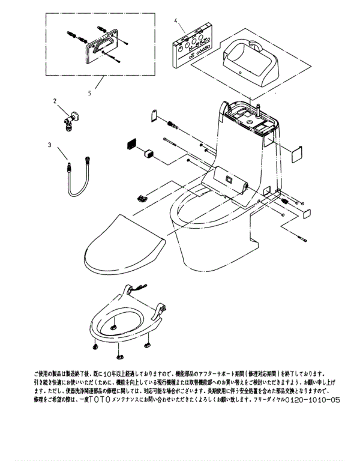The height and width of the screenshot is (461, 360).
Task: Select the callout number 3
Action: (x=50, y=145)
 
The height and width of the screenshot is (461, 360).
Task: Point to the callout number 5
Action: (x=89, y=93)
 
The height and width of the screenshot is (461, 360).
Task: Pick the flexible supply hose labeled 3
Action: (x=76, y=177)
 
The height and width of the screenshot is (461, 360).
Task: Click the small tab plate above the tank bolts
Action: (x=153, y=115)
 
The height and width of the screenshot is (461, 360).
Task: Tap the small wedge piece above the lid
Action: (x=142, y=197)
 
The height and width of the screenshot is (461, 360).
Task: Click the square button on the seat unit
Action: (x=229, y=179)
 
